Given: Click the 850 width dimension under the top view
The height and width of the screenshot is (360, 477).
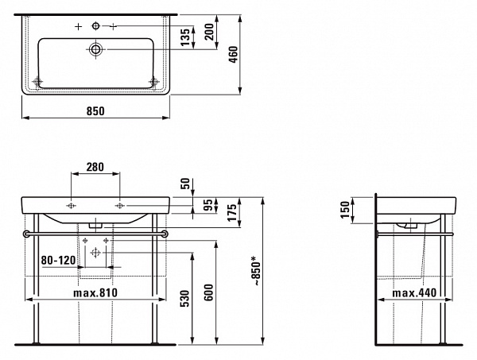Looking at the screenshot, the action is tap(95, 111).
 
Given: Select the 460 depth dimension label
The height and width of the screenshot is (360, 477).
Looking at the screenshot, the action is tap(234, 54).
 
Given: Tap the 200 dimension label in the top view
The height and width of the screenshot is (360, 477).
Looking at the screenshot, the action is tap(209, 32).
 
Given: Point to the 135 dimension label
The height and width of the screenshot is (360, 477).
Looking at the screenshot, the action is tap(185, 37).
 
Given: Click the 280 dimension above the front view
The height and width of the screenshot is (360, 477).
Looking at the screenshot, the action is tap(95, 167).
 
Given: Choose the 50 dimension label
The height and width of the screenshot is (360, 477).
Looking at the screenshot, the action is tap(185, 184).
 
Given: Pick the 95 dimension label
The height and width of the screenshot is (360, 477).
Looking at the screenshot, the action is tap(208, 205).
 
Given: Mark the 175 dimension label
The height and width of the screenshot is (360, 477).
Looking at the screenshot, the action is tap(232, 212).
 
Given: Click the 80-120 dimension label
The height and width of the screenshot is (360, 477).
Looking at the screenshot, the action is tap(58, 260).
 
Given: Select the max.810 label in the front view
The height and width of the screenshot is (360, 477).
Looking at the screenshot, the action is tap(95, 292).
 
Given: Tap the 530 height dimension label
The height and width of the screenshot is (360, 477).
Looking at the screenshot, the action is tap(185, 298).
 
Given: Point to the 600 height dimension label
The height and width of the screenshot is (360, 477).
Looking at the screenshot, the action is tap(208, 292).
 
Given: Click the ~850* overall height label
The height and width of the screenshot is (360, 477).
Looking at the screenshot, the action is tap(256, 271).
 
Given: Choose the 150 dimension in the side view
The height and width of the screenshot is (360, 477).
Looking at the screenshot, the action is tap(345, 210).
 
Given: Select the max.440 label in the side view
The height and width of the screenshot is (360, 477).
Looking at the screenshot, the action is tap(414, 292).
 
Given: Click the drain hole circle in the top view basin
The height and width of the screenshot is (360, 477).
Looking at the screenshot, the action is tap(96, 49).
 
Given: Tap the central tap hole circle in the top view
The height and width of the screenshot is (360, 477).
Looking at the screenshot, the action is tap(96, 26).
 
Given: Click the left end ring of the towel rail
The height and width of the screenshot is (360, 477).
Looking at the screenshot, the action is tap(26, 234).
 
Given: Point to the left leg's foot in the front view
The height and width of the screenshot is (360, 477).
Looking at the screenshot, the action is tap(37, 343).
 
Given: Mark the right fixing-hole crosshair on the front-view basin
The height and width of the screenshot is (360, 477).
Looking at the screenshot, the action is tap(119, 206).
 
